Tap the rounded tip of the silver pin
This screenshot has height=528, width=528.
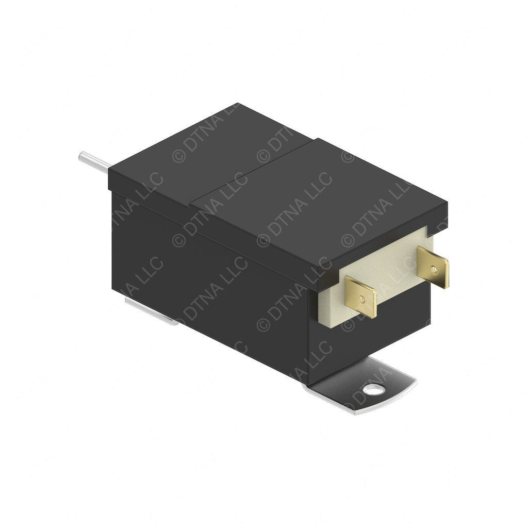tap(81, 155)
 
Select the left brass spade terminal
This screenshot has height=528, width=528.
tap(361, 296)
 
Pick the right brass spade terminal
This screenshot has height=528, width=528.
tap(433, 267)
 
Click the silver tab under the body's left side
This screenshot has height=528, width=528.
tap(150, 312)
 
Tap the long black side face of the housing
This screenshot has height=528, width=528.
tap(206, 273)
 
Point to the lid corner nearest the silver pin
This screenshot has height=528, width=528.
tap(110, 173)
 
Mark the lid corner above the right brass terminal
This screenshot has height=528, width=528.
tap(447, 206)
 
